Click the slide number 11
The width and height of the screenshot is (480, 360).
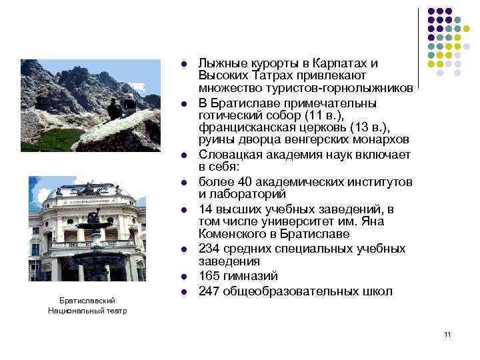(447, 333)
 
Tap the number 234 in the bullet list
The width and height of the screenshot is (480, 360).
(209, 249)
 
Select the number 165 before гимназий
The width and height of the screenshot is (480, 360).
(209, 276)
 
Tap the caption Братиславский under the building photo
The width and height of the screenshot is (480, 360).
(87, 301)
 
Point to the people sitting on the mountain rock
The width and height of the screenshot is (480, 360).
(121, 107)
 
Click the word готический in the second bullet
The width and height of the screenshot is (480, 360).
(227, 115)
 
